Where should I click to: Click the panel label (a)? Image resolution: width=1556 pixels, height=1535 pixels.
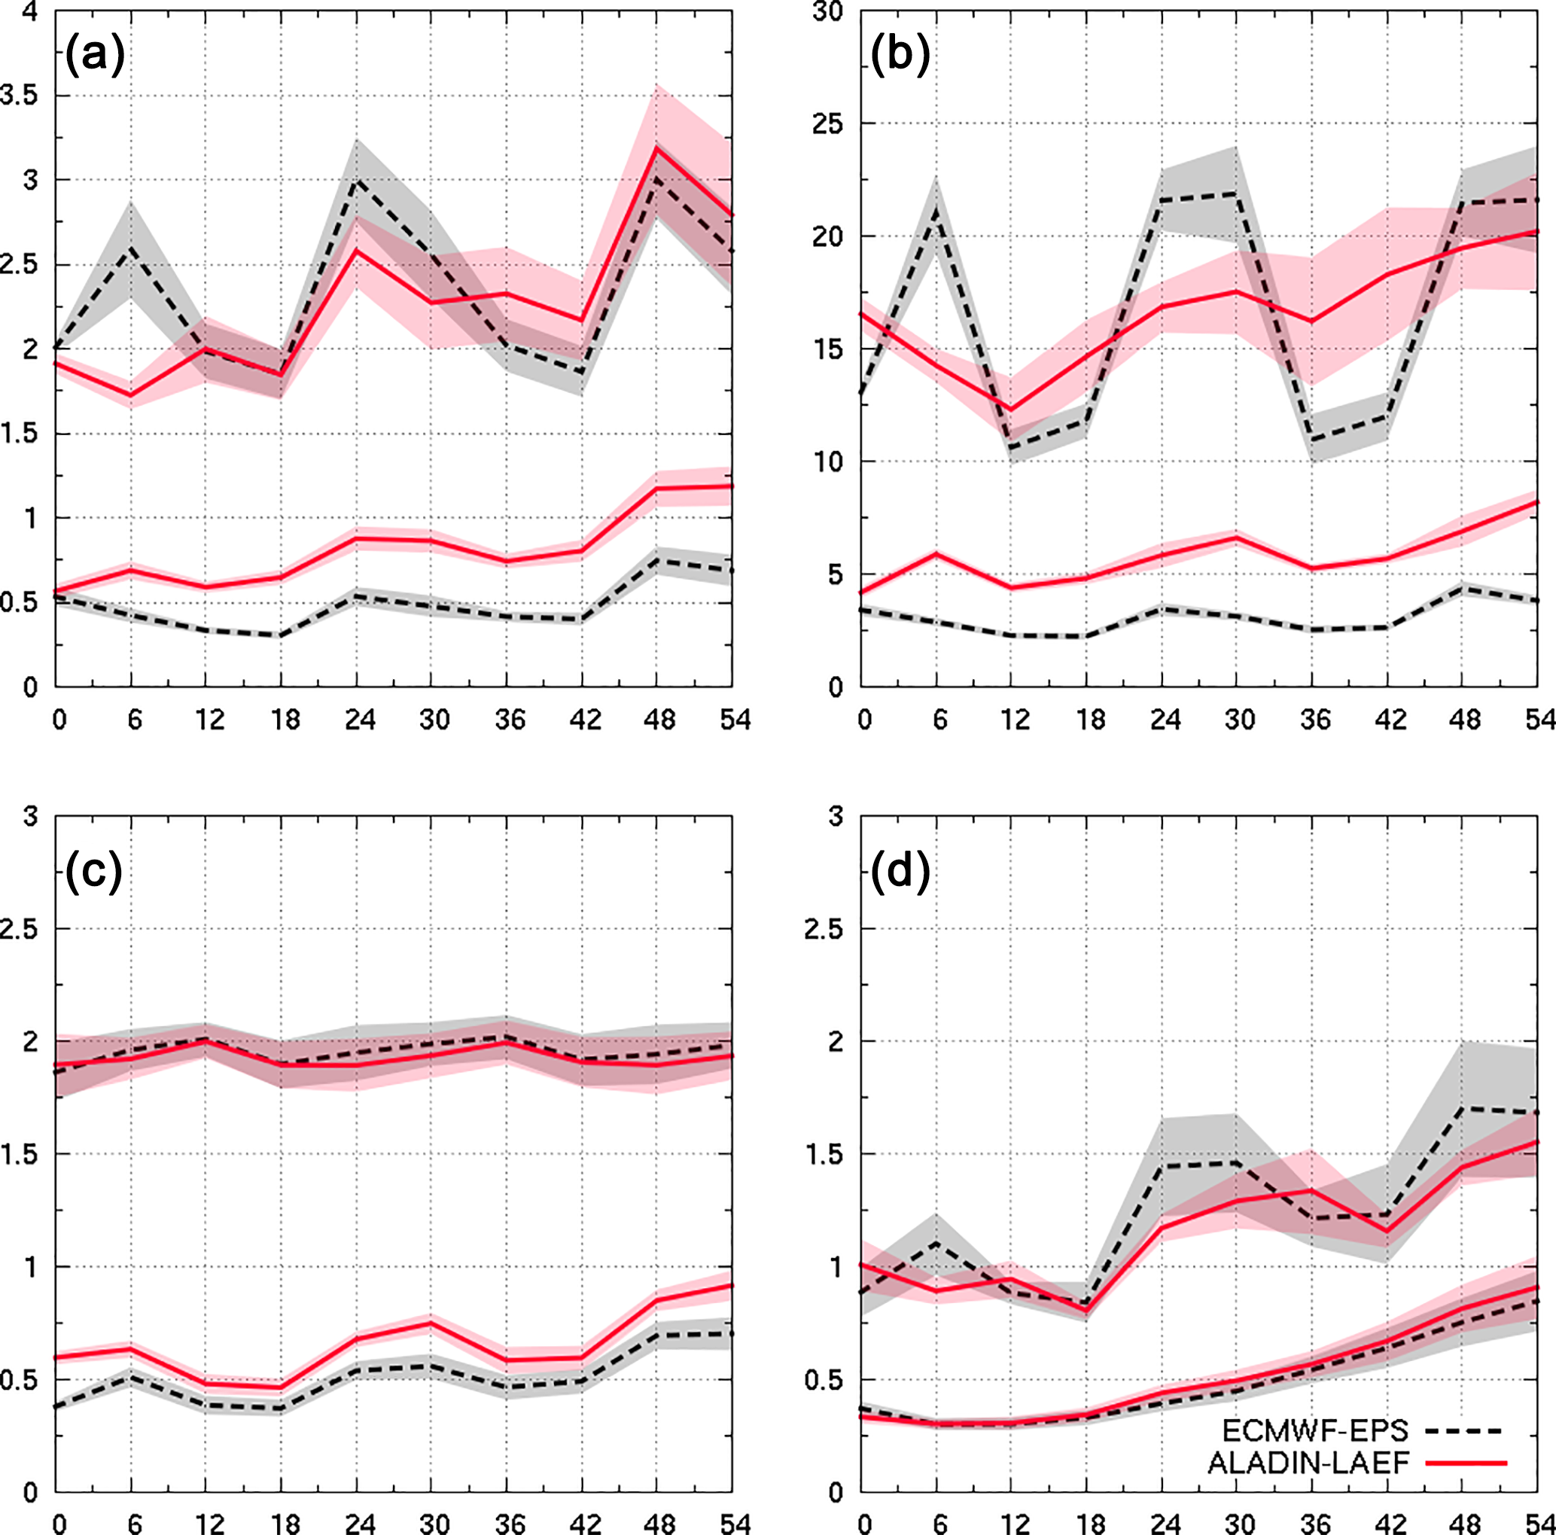pos(94,58)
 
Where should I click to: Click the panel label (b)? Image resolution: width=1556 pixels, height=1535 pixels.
pos(900,58)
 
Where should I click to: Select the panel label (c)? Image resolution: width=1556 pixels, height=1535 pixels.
pos(94,873)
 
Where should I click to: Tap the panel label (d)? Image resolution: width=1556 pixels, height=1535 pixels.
pos(900,873)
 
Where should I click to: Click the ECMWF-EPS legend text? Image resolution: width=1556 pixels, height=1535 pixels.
pos(1315,1430)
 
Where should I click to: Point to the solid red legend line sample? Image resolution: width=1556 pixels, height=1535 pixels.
pos(1464,1463)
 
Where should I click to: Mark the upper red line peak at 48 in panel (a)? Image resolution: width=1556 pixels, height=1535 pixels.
pos(657,148)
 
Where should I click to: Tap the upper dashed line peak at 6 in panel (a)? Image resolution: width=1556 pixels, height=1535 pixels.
pos(130,248)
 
